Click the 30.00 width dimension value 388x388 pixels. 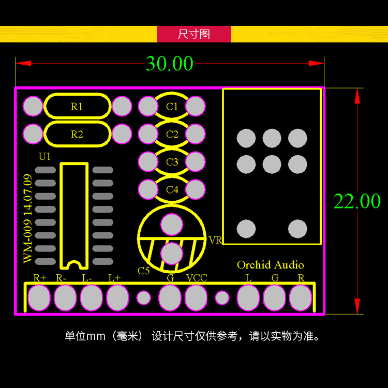point(169,64)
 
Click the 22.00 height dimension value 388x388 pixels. point(357,201)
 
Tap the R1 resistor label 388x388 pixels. point(77,107)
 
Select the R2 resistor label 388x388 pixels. point(77,135)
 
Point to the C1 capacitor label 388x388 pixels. point(172,107)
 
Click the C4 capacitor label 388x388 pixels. point(172,190)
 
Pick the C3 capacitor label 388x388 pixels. point(172,162)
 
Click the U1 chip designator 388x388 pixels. point(45,156)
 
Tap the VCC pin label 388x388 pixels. point(197,278)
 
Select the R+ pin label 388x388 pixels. point(40,278)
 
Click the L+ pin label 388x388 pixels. point(114,278)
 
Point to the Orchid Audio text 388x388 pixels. point(271,265)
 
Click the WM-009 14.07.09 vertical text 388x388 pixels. point(28,219)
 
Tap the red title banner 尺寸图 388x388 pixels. point(194,34)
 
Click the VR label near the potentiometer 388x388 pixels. point(215,241)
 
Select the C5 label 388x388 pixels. point(144,271)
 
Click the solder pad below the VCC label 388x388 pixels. point(196,298)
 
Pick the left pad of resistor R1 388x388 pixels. point(33,107)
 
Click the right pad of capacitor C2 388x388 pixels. point(196,134)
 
